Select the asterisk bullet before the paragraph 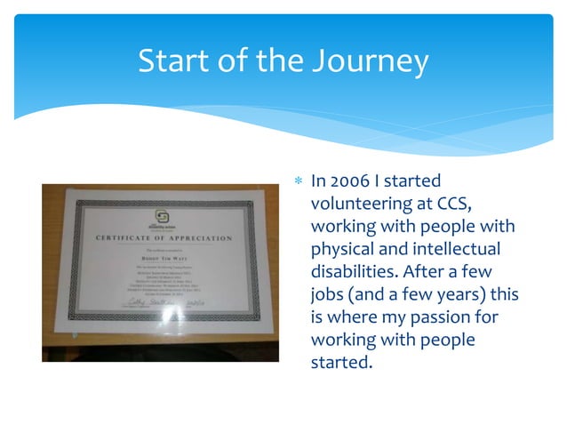click(298, 182)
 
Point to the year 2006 click(354, 181)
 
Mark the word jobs click(328, 294)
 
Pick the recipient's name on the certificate click(163, 259)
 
